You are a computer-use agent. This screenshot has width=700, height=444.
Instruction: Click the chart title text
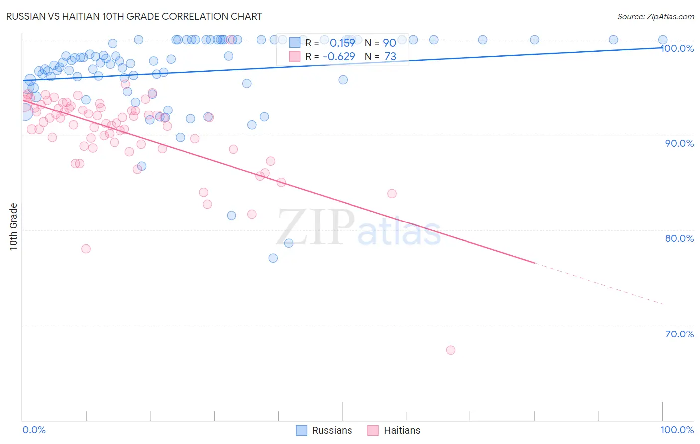click(134, 16)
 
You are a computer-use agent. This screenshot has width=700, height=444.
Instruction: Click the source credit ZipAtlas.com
click(655, 16)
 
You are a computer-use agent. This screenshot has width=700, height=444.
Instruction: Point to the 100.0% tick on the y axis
click(678, 48)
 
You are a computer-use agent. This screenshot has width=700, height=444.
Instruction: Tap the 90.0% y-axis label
click(679, 143)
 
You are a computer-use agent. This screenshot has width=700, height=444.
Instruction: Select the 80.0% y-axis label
click(679, 238)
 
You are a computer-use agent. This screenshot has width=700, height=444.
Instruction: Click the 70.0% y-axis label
click(679, 334)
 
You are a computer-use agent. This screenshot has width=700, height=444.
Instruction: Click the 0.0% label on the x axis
click(34, 430)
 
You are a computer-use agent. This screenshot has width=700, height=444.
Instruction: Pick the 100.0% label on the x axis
click(677, 430)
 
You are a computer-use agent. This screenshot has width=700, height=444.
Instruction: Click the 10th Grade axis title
click(13, 226)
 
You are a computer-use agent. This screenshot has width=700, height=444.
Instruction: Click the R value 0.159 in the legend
click(342, 43)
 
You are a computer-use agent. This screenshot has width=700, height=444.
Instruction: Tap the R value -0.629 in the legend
click(339, 57)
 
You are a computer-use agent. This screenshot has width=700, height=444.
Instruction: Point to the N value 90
click(389, 43)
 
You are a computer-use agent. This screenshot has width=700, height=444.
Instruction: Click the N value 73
click(390, 57)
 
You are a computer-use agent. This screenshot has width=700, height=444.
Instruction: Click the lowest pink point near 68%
click(451, 350)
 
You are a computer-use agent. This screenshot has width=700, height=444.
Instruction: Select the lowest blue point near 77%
click(273, 258)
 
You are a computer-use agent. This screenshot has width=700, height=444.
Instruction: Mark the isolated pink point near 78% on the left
click(86, 249)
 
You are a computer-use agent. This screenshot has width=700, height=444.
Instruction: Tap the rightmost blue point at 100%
click(663, 40)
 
